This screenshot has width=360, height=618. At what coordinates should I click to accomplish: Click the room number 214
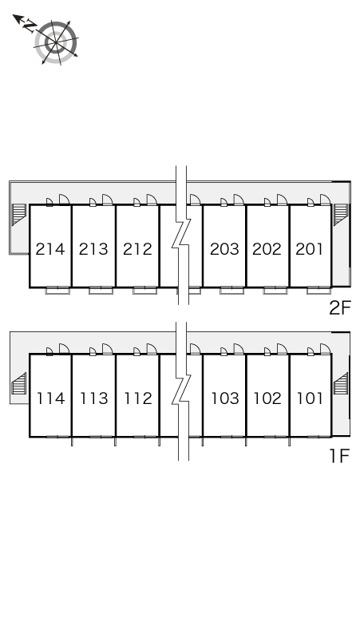coord(50,249)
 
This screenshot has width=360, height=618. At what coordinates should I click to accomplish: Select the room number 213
coord(93,249)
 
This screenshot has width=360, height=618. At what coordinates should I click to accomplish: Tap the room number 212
coord(137,249)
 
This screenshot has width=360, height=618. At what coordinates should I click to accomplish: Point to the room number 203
coord(224,249)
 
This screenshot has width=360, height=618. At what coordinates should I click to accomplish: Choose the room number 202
coord(267,249)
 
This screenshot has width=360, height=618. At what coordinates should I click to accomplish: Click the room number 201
coord(310,249)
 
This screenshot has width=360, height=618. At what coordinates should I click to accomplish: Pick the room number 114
coord(51,398)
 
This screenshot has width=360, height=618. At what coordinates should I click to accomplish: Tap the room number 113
coord(94,398)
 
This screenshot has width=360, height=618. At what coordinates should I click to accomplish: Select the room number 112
coord(138,398)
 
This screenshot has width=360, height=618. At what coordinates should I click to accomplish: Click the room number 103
coord(225,398)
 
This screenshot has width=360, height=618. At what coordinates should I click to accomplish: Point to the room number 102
coord(268,398)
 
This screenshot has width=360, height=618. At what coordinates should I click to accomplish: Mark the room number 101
coord(310,398)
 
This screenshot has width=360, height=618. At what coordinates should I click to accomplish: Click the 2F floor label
coord(340,308)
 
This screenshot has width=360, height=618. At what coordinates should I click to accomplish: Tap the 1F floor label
coord(340,456)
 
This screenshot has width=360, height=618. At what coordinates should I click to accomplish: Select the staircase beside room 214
coord(19,215)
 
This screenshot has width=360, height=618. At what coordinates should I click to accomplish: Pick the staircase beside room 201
coord(341,215)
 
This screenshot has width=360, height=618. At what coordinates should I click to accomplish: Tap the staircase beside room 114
coord(19,383)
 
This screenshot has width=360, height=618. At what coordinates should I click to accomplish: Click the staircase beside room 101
coord(341,383)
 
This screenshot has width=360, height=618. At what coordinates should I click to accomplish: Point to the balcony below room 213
coord(101,291)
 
